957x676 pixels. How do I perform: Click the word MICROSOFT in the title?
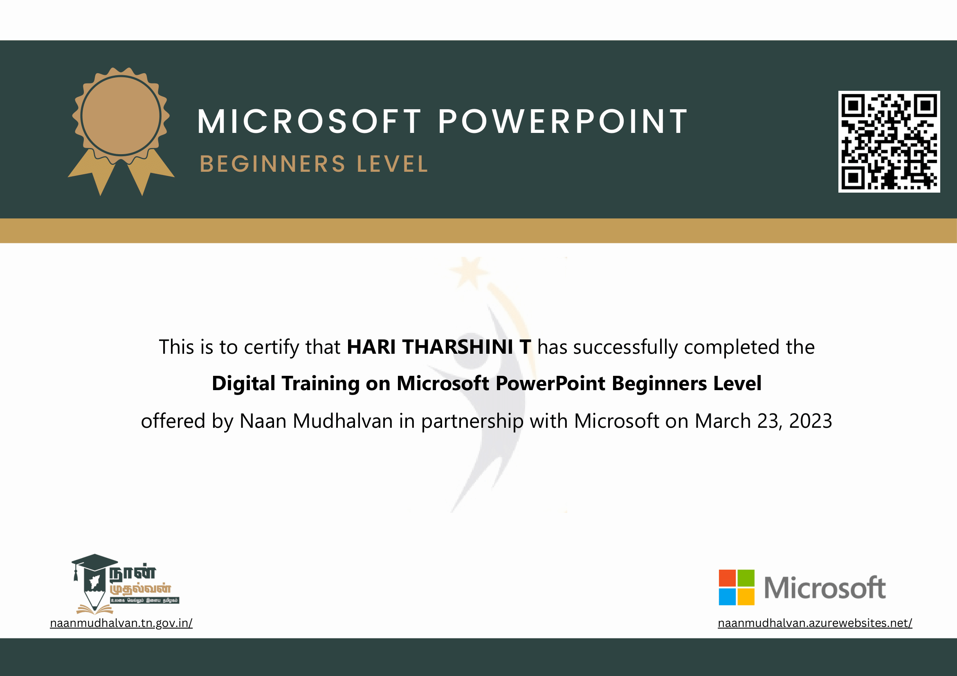point(309,121)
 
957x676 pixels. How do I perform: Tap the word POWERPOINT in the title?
point(563,121)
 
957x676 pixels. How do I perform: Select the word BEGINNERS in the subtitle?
point(273,164)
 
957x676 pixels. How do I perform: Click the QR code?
point(889,141)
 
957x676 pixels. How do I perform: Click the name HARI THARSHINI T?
point(439,347)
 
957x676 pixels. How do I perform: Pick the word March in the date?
point(723,421)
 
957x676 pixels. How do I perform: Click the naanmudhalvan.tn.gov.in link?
point(121,623)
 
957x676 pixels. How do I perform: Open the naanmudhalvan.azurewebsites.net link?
point(815,623)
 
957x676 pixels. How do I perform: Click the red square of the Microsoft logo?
point(727,578)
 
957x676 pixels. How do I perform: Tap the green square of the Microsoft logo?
point(746,578)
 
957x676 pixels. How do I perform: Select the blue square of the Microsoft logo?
point(727,596)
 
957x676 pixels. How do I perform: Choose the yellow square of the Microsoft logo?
point(746,596)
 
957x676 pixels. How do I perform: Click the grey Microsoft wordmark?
point(825,588)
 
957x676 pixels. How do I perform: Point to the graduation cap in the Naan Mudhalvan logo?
point(94,563)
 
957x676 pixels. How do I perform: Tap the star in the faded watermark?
point(469,272)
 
